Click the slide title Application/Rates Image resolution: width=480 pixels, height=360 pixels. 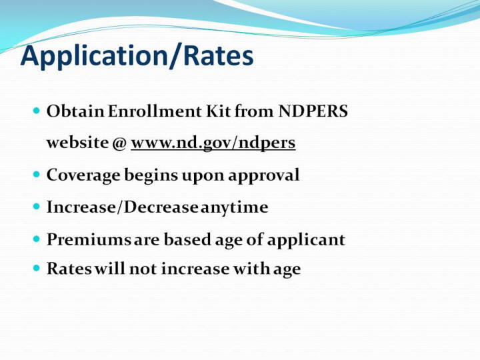click(x=137, y=57)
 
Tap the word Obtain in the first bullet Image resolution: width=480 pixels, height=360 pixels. click(x=75, y=111)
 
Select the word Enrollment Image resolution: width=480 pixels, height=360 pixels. click(x=154, y=111)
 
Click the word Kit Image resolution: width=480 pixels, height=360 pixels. click(x=218, y=111)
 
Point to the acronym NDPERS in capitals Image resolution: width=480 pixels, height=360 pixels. click(x=313, y=111)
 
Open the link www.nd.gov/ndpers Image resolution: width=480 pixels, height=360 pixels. click(x=213, y=143)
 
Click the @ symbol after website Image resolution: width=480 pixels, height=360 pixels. click(x=119, y=143)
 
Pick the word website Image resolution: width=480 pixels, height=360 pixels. click(x=77, y=143)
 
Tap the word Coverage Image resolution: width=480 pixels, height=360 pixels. click(x=83, y=176)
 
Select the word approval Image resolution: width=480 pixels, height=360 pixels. click(x=263, y=176)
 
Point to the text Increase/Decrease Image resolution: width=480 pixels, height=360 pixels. click(x=122, y=207)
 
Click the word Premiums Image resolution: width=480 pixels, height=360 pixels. click(x=89, y=239)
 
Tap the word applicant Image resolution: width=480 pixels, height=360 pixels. click(x=306, y=240)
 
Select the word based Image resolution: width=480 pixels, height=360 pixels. click(x=187, y=239)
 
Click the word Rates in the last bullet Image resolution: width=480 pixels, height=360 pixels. click(x=69, y=269)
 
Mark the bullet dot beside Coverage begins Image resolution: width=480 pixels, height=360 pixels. click(x=37, y=175)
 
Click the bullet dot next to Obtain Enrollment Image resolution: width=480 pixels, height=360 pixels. click(x=37, y=111)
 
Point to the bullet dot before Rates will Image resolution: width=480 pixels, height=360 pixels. click(x=37, y=269)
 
